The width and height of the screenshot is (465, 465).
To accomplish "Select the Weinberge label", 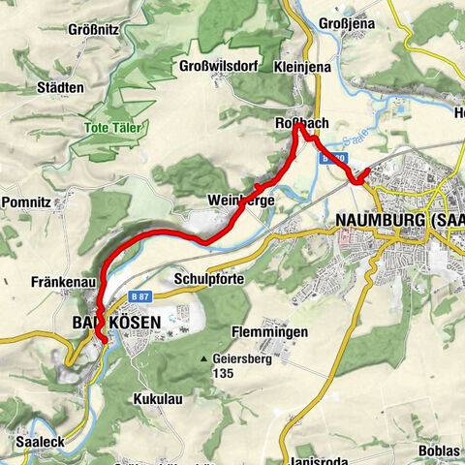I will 241,200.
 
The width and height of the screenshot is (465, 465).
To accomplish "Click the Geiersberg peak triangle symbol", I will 204,358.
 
